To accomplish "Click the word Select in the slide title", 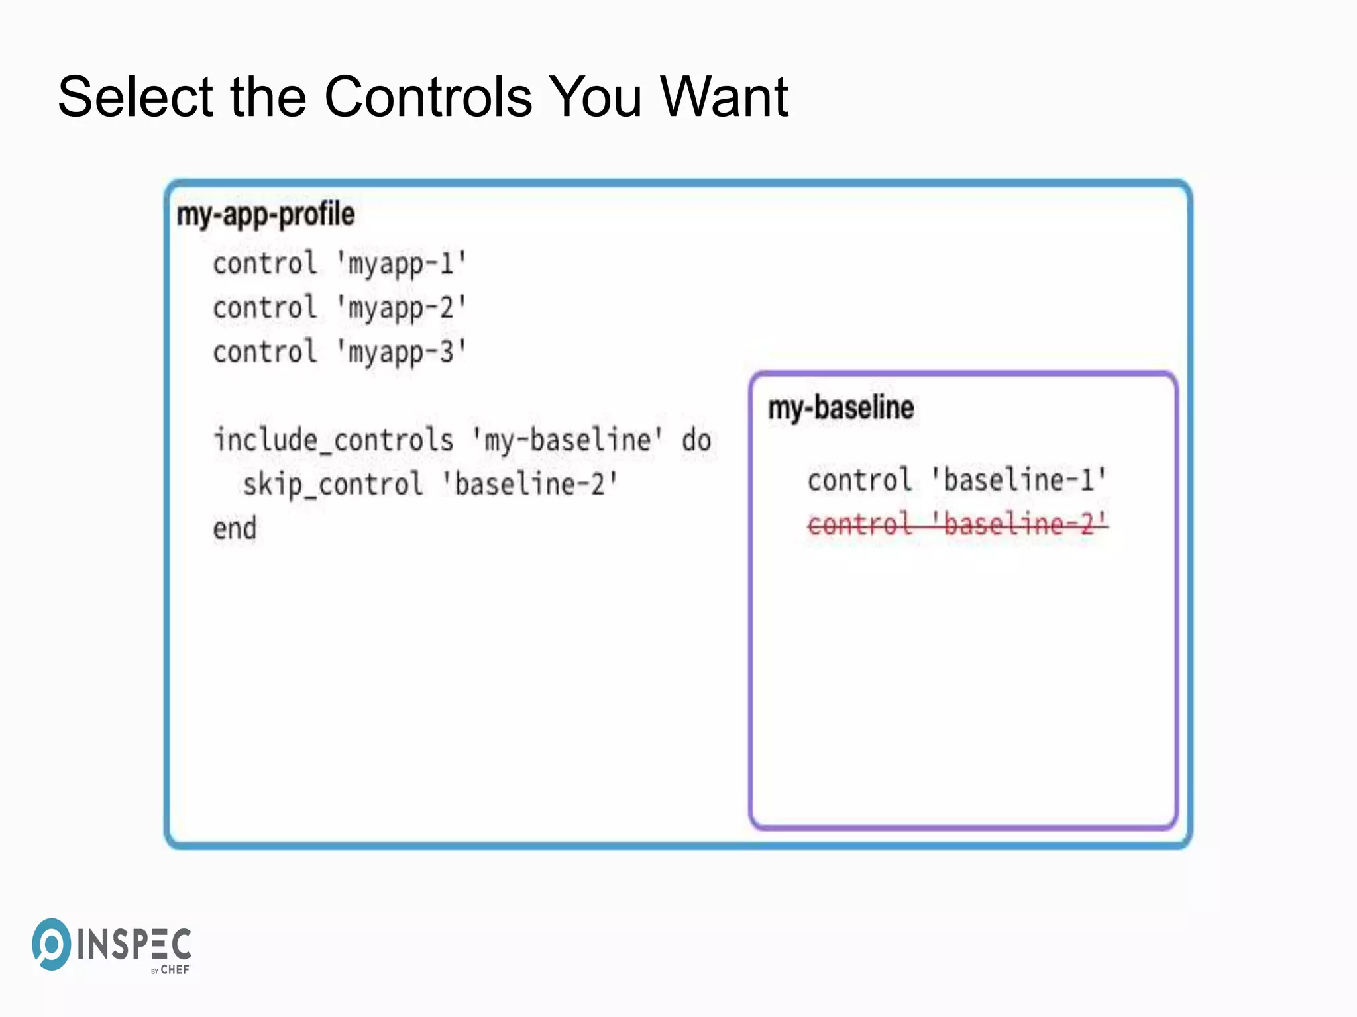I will pyautogui.click(x=135, y=97).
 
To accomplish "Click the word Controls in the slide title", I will pyautogui.click(x=428, y=97).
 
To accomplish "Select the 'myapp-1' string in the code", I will pyautogui.click(x=402, y=264).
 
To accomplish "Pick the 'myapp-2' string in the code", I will pyautogui.click(x=402, y=309).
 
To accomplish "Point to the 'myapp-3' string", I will pyautogui.click(x=402, y=352).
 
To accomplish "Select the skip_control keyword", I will pyautogui.click(x=333, y=485).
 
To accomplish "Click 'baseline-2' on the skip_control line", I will pyautogui.click(x=529, y=485).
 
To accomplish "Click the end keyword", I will pyautogui.click(x=235, y=529).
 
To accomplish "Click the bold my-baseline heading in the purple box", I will pyautogui.click(x=841, y=407).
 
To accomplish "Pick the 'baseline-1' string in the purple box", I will pyautogui.click(x=1018, y=480).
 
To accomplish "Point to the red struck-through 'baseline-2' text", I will pyautogui.click(x=1018, y=524).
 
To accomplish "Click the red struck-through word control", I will pyautogui.click(x=859, y=524).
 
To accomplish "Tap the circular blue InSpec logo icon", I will pyautogui.click(x=51, y=944).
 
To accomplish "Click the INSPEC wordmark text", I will pyautogui.click(x=135, y=944).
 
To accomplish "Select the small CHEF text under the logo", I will pyautogui.click(x=175, y=970).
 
